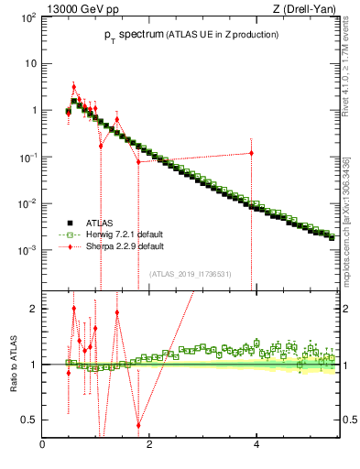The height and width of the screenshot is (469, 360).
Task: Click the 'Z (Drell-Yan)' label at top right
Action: coord(309,8)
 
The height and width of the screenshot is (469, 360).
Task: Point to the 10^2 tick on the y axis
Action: coord(28,17)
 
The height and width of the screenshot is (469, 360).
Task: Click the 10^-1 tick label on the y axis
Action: coord(28,157)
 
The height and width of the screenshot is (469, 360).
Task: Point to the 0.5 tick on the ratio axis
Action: coord(31,420)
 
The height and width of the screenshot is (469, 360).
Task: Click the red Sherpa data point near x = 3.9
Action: coord(251,153)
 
